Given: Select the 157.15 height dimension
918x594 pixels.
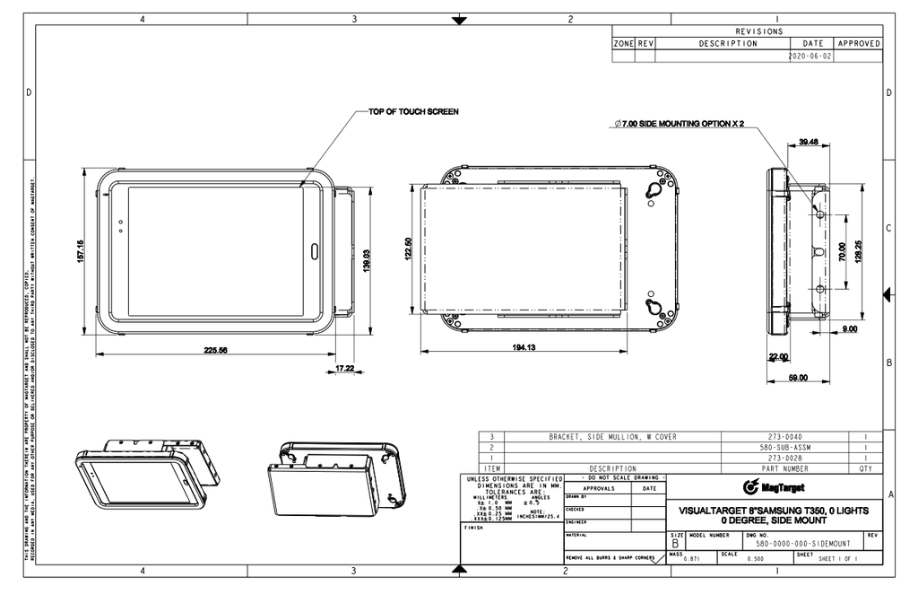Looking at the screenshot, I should tap(81, 251).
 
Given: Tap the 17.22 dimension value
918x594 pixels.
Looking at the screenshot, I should tap(344, 369).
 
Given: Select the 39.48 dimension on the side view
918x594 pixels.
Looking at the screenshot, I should tap(808, 141).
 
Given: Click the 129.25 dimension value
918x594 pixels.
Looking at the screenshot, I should tap(860, 252).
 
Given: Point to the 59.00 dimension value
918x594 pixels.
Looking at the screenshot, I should tap(797, 379).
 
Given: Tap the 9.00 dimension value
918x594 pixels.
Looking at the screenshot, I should tap(849, 329).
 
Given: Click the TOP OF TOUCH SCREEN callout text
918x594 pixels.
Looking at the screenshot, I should tap(413, 112).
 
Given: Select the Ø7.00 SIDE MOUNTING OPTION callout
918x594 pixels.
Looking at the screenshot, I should tap(679, 124).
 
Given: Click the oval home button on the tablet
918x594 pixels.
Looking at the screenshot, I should tap(315, 251).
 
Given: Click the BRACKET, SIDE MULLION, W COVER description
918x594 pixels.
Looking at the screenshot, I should tap(612, 437).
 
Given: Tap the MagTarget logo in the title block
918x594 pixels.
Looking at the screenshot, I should tap(775, 487).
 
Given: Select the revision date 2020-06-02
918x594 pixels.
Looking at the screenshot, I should tap(810, 56).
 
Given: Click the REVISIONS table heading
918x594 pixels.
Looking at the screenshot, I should tap(758, 31).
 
